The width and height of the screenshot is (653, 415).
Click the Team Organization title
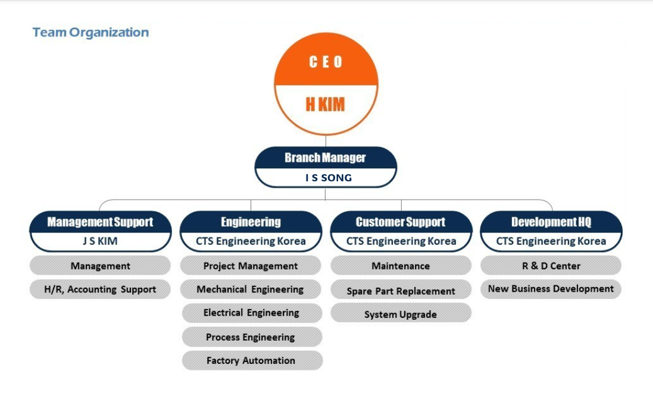tap(91, 33)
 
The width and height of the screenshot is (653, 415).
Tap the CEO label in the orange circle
tap(326, 62)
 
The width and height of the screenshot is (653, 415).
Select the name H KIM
tap(325, 105)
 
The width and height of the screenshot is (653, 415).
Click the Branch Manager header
tap(325, 158)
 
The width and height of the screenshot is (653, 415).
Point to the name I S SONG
tap(329, 178)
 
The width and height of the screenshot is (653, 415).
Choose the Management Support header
tap(100, 222)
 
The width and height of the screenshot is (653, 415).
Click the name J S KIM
tap(100, 241)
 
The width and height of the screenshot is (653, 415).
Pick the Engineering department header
tap(251, 222)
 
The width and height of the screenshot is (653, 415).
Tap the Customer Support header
tap(401, 222)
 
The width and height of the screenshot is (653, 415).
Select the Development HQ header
tap(551, 222)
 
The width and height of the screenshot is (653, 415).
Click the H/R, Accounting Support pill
tap(100, 290)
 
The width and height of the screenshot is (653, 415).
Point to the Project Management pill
tap(251, 266)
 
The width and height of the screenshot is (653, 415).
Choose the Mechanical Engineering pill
tap(250, 290)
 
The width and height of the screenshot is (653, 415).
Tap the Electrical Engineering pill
tap(252, 313)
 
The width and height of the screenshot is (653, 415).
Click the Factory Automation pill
tap(252, 360)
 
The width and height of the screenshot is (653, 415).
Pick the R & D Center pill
tap(551, 266)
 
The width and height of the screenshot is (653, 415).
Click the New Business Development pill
tap(551, 289)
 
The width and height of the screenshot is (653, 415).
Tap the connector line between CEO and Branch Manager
tap(326, 140)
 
